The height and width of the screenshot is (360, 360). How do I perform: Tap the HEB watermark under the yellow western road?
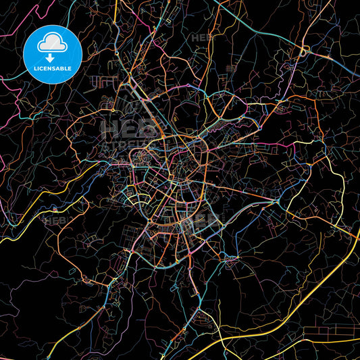click(x=54, y=220)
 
